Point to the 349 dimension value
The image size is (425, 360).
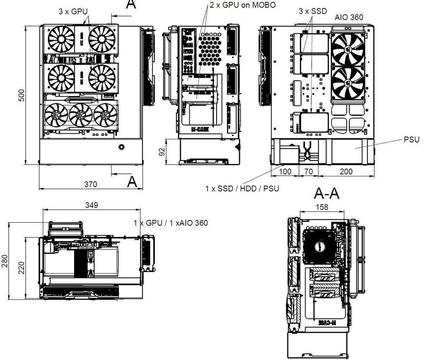click(x=92, y=205)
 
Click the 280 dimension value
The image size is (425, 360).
click(x=5, y=261)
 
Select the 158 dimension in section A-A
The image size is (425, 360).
click(x=321, y=207)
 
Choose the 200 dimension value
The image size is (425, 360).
click(x=348, y=171)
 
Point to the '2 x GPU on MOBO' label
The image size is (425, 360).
click(x=242, y=5)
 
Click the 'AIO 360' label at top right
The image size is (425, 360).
click(x=349, y=16)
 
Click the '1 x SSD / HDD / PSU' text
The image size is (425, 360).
click(x=242, y=189)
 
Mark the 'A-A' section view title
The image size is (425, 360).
click(x=327, y=193)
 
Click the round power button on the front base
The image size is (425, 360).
click(x=121, y=148)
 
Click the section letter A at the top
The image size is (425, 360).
click(x=131, y=4)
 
